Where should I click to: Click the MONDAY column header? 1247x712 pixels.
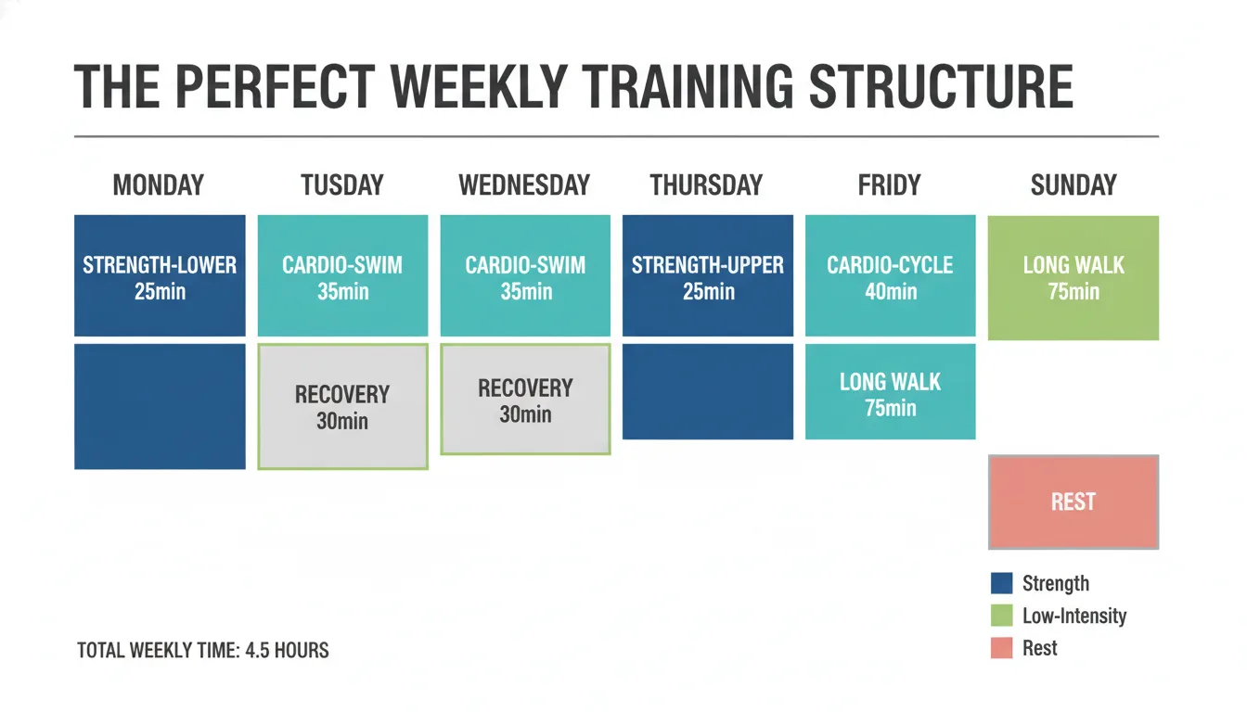(159, 185)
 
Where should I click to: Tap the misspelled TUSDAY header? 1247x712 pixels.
(342, 185)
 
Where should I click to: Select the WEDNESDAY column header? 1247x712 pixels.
(524, 185)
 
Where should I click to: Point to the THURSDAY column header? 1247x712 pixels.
(706, 185)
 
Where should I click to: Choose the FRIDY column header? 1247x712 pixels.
(889, 185)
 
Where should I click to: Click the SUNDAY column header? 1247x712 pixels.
(1073, 185)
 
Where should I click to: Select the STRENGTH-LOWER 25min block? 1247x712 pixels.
(160, 276)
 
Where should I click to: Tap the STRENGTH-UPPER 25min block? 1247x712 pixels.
(708, 276)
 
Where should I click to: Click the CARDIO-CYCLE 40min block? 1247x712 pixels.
(890, 276)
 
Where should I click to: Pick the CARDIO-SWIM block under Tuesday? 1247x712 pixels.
(342, 276)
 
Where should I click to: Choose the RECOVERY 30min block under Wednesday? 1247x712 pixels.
(525, 400)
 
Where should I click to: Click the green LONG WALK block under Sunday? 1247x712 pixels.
(1073, 277)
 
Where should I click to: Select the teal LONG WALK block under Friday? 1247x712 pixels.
(890, 392)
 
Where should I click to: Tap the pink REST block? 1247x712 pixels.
(1073, 502)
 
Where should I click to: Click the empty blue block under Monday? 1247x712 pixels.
(160, 406)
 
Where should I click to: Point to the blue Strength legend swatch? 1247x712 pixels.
(1001, 583)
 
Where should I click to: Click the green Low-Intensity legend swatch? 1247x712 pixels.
(1001, 616)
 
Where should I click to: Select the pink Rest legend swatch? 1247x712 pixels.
(1001, 648)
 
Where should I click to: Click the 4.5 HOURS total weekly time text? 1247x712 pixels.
(288, 651)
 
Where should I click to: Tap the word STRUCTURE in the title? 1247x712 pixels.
(941, 88)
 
